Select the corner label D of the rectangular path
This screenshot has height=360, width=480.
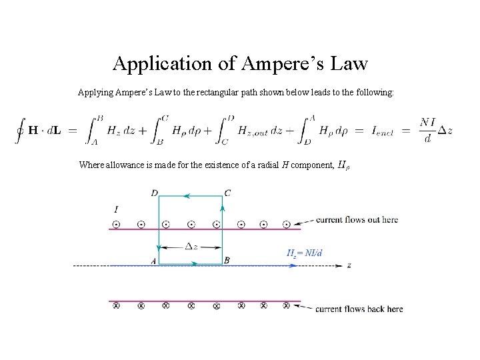point(154,193)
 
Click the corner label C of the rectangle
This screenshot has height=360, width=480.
point(228,193)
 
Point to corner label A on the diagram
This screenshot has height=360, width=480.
point(153,261)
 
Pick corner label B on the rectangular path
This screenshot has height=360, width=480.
point(227,260)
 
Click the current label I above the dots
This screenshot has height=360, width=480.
point(117,210)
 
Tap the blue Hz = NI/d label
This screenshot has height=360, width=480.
point(305,253)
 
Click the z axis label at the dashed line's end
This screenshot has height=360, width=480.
point(349,265)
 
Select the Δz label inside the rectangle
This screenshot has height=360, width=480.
point(191,246)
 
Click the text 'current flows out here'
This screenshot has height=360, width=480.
point(357,220)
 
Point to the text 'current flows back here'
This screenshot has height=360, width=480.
point(359,309)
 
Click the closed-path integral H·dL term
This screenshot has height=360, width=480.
point(40,130)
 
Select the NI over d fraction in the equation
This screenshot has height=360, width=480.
point(427,130)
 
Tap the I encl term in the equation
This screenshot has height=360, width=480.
point(383,131)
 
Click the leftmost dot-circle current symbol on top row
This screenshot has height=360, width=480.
point(116,224)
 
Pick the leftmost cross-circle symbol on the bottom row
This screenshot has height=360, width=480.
point(116,306)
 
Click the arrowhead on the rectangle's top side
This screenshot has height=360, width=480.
point(187,196)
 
